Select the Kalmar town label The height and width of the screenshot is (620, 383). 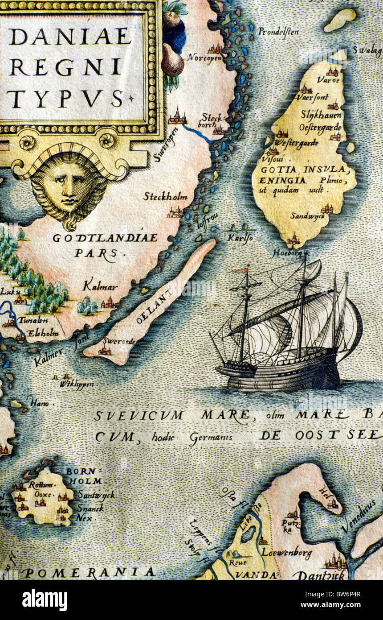[100, 287]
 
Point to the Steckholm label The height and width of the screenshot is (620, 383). [165, 197]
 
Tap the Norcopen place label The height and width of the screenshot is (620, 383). [205, 58]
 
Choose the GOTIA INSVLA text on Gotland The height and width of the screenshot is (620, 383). [303, 170]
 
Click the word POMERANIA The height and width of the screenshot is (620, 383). [89, 572]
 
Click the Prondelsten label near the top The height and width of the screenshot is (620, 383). [279, 32]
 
